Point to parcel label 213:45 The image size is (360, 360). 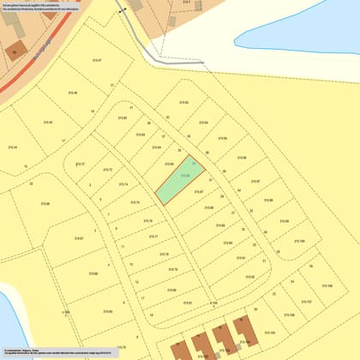tap(45, 122)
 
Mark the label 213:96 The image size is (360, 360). tap(242, 158)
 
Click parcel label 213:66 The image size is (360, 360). tap(44, 203)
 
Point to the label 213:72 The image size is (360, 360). tap(81, 164)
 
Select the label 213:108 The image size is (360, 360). tap(328, 286)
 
